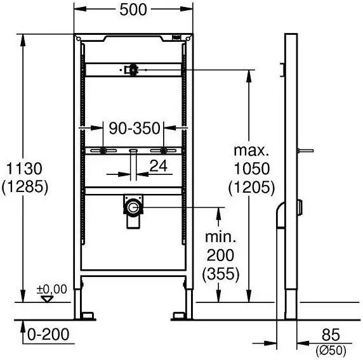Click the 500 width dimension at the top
point(133,10)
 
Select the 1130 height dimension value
point(24,169)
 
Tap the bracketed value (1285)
point(25,186)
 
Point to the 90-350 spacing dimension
point(135,128)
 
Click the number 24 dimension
point(159,166)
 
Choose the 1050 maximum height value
point(252,169)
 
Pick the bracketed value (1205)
point(252,187)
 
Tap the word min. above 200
point(221,237)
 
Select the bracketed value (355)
point(221,274)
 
